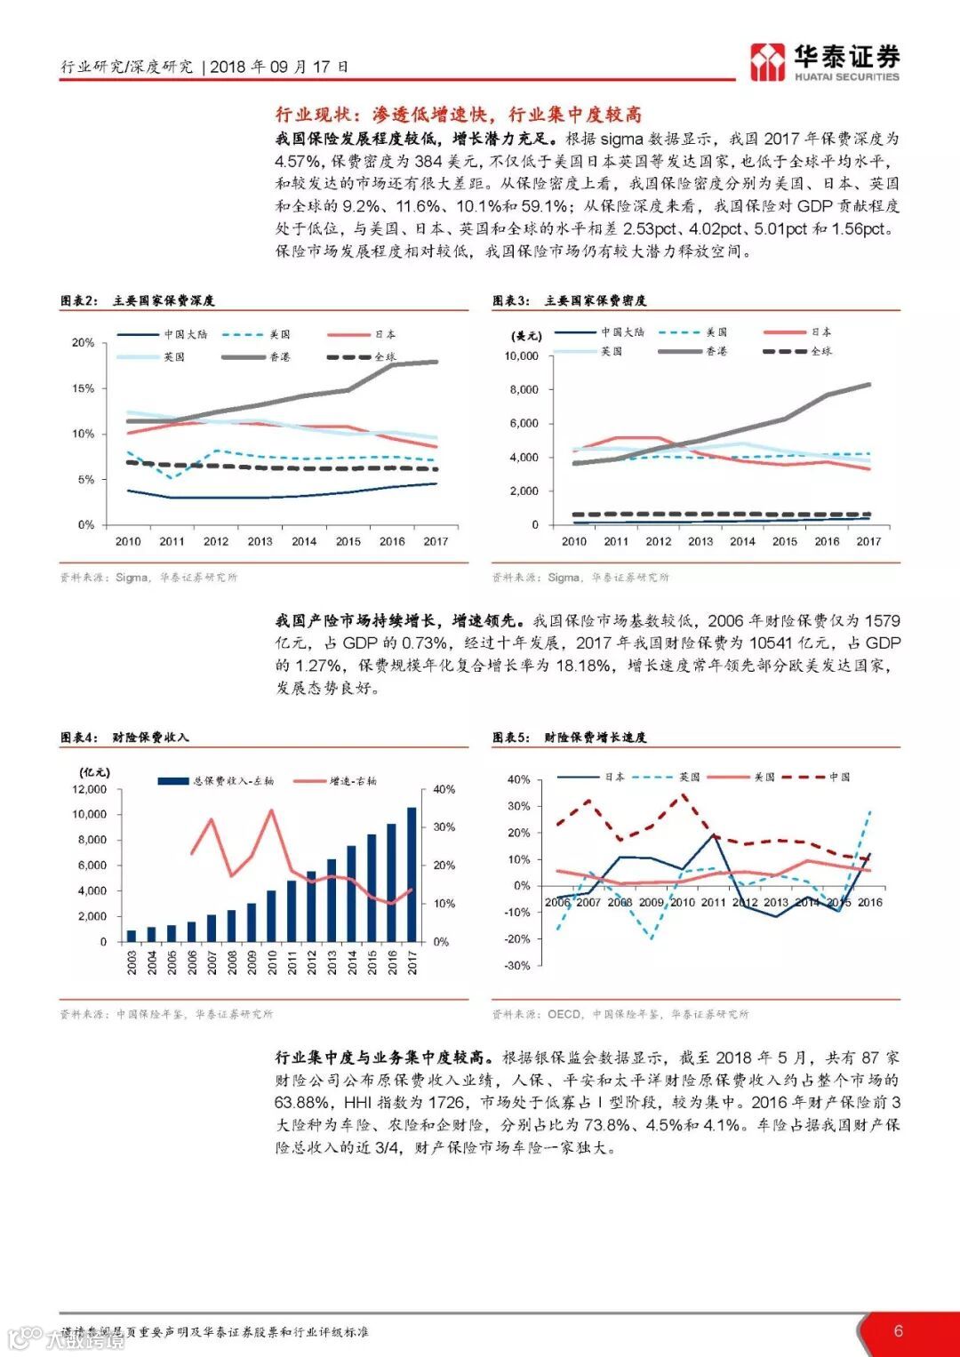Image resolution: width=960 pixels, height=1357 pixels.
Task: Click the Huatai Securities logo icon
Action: (x=766, y=62)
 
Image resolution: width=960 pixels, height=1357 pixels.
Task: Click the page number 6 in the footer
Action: (x=899, y=1329)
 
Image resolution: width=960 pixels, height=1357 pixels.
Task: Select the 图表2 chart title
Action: (x=138, y=300)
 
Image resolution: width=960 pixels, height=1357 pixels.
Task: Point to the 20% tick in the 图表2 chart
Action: (x=83, y=343)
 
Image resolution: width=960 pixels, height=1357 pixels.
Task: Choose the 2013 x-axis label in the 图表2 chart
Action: (x=260, y=541)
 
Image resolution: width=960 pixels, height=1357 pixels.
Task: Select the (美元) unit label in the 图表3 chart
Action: (x=526, y=336)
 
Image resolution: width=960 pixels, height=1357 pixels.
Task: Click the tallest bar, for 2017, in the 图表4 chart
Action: (x=412, y=874)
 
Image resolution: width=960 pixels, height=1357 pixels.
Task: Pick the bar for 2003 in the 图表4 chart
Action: (x=132, y=935)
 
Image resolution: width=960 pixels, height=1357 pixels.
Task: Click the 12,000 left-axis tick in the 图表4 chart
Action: (x=90, y=789)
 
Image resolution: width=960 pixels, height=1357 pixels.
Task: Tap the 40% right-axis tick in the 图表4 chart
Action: (x=444, y=789)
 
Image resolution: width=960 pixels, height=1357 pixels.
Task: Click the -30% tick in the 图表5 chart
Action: (x=517, y=965)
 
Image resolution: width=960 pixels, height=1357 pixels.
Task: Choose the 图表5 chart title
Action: (x=570, y=737)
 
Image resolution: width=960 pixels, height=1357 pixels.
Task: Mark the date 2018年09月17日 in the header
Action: (x=280, y=67)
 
